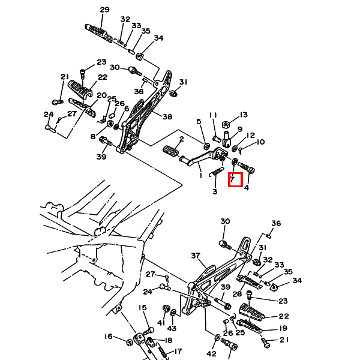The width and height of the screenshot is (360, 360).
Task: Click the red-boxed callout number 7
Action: [x=232, y=179]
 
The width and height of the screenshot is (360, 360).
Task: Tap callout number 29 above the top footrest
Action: [x=104, y=10]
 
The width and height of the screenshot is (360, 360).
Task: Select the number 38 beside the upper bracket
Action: [x=167, y=116]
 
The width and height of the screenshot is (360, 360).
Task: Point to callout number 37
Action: [x=196, y=256]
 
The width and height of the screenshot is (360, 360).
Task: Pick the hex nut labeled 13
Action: [x=226, y=125]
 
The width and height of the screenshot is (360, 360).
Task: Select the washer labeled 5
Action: [x=206, y=146]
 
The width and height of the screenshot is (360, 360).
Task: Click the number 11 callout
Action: [x=213, y=115]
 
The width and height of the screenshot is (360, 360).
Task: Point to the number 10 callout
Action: [x=260, y=142]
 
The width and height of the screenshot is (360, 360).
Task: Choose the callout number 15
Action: [x=143, y=307]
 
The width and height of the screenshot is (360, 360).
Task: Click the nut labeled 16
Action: [x=130, y=343]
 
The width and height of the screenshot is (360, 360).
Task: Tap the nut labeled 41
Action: [x=166, y=308]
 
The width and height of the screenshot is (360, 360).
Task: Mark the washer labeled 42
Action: [x=217, y=338]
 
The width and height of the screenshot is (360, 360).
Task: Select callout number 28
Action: [x=237, y=294]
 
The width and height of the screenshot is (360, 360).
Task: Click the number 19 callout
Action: [x=283, y=328]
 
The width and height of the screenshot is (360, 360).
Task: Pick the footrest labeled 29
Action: [x=99, y=33]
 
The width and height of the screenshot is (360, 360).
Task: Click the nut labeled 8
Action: [x=110, y=124]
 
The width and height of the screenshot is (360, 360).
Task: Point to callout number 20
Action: [x=102, y=95]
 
